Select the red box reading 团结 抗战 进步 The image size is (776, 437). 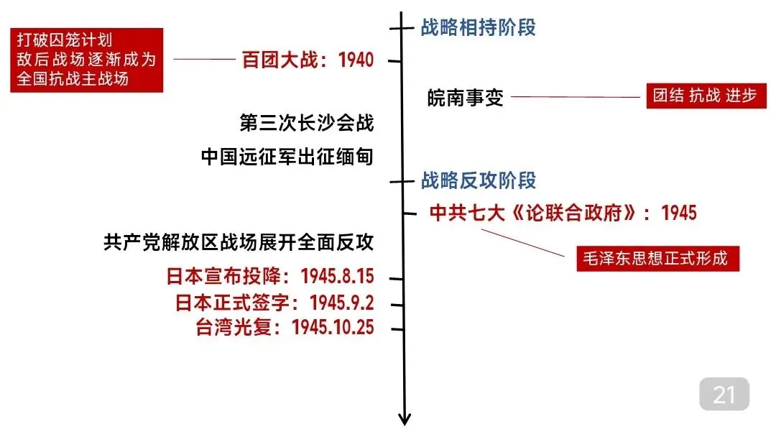tap(704, 96)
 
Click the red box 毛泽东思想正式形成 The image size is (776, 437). tap(657, 259)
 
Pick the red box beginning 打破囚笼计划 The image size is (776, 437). tap(86, 60)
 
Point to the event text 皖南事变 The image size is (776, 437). tap(466, 97)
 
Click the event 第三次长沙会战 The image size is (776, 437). tap(307, 123)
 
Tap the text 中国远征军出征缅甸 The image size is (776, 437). tap(287, 157)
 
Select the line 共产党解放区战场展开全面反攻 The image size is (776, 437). tap(239, 243)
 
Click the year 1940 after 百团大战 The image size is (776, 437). tap(356, 60)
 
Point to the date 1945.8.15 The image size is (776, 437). tap(338, 277)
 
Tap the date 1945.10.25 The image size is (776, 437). tap(333, 328)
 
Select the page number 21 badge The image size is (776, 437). tap(724, 394)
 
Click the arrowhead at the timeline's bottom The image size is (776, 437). tap(405, 419)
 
